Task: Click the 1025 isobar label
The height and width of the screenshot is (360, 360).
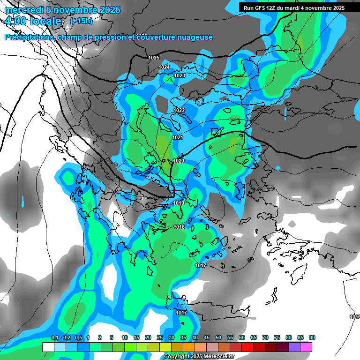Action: (154, 58)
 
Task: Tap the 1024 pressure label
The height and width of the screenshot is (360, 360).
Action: (164, 67)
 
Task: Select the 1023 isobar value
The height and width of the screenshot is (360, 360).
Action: (180, 75)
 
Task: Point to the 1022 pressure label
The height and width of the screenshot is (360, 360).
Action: (179, 110)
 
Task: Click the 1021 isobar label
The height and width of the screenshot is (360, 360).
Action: (178, 137)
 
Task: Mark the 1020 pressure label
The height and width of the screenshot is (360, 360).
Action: (179, 161)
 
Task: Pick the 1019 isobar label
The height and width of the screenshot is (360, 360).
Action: (179, 203)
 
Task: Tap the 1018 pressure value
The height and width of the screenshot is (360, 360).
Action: (179, 227)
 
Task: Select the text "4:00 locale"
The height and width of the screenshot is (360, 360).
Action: (33, 21)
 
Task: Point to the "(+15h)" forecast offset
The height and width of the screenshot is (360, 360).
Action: (81, 21)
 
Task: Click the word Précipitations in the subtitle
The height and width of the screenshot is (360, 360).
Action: (30, 37)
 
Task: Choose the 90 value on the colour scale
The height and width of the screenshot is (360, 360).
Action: (312, 337)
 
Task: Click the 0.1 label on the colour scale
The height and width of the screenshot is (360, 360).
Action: (54, 337)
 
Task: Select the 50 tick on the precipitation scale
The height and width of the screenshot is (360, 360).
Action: (218, 337)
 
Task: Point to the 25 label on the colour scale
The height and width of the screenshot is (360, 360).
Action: (160, 337)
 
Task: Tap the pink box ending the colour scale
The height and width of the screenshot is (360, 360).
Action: (306, 347)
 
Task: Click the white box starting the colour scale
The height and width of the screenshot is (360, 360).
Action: (48, 347)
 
